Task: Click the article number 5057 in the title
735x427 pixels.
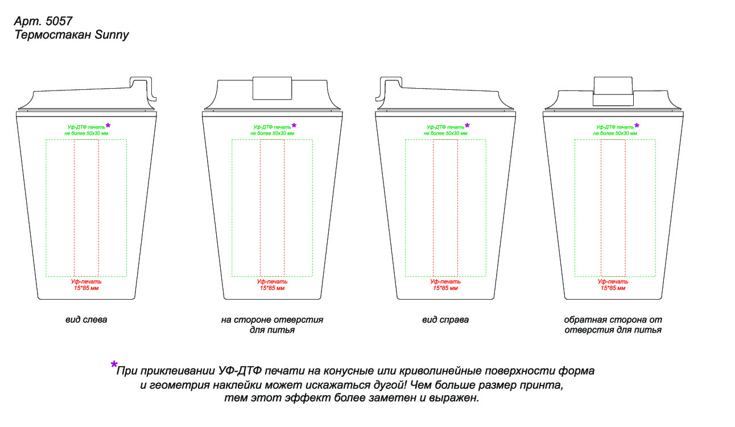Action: (59, 21)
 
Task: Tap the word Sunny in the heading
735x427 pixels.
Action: (112, 35)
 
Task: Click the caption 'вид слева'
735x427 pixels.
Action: (86, 320)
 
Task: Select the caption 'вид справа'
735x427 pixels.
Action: (445, 320)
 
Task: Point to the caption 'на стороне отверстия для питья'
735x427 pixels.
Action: (272, 325)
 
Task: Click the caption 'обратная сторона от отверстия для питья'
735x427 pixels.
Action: (613, 325)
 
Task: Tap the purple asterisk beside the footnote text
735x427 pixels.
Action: (114, 364)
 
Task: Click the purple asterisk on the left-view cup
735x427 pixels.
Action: (108, 126)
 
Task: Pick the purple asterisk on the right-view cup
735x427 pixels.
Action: (467, 126)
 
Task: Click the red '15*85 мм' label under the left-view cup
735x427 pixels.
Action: (86, 288)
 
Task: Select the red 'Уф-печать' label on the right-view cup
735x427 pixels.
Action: (445, 281)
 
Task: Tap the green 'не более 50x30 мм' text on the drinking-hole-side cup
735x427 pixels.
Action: (272, 133)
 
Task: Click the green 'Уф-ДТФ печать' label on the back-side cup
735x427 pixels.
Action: (615, 127)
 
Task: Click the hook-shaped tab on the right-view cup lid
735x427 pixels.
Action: (389, 88)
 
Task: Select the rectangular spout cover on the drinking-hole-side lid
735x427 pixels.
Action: (272, 88)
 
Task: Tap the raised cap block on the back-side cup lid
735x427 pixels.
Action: (613, 91)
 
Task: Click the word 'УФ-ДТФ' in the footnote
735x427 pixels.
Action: (240, 371)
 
